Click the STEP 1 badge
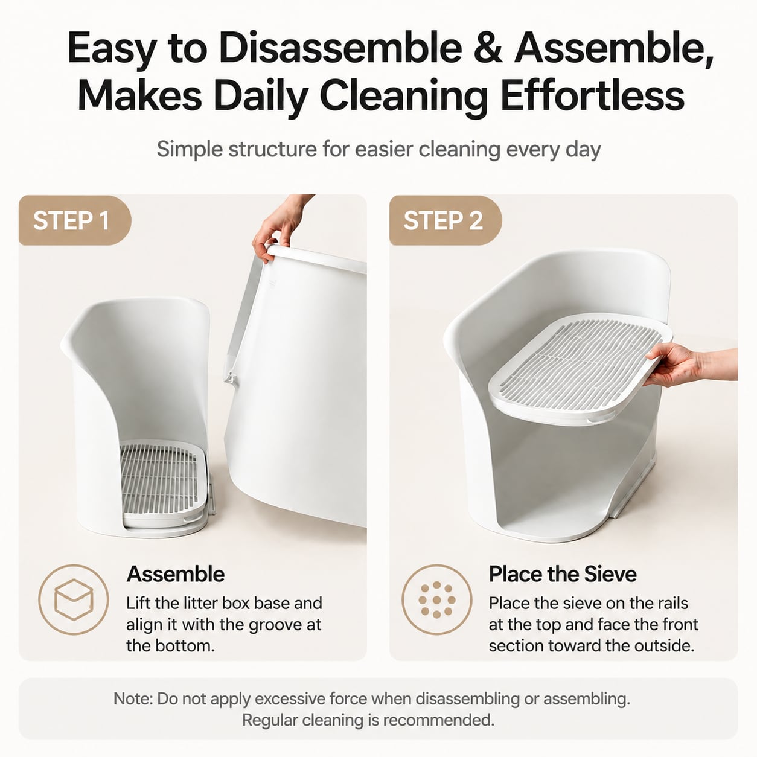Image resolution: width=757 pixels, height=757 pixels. tap(75, 220)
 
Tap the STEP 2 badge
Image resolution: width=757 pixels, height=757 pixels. tap(446, 220)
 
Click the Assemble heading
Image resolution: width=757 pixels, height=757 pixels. tap(176, 574)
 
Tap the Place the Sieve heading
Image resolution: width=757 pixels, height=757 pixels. tap(563, 574)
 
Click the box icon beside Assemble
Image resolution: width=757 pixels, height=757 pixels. tap(74, 599)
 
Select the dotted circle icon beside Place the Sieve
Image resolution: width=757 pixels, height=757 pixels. tap(436, 599)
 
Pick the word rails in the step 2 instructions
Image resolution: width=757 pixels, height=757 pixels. tap(669, 604)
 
